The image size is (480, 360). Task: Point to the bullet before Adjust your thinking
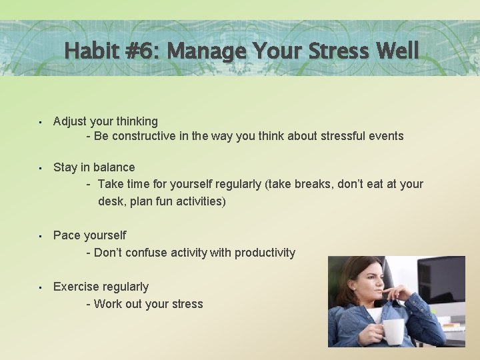41,122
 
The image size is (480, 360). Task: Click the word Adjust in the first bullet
70,121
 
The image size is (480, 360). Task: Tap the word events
386,136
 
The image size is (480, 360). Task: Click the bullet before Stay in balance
41,168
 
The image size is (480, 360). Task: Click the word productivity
263,253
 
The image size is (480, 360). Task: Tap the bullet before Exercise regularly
41,287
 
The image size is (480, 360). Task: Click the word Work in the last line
108,304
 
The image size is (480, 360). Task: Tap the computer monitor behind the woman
440,280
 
